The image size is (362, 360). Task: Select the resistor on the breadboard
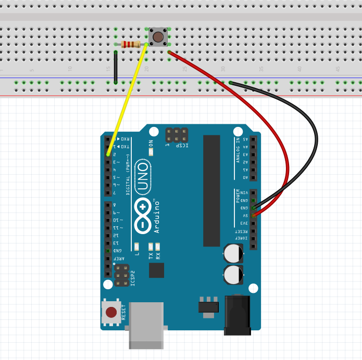(x=131, y=45)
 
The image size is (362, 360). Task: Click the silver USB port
(x=146, y=325)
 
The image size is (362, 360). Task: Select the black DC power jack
(x=237, y=315)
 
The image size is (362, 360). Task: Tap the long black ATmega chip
(x=212, y=190)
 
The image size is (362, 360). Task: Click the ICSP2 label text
(x=133, y=278)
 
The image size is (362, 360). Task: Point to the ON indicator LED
(x=151, y=151)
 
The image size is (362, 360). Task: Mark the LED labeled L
(x=136, y=246)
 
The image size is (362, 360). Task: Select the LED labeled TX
(x=151, y=246)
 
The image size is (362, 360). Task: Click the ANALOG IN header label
(x=238, y=149)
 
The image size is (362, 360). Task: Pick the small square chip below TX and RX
(x=156, y=270)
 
